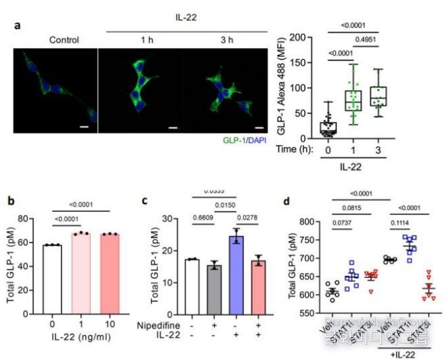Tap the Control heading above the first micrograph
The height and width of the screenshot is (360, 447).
(64, 39)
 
